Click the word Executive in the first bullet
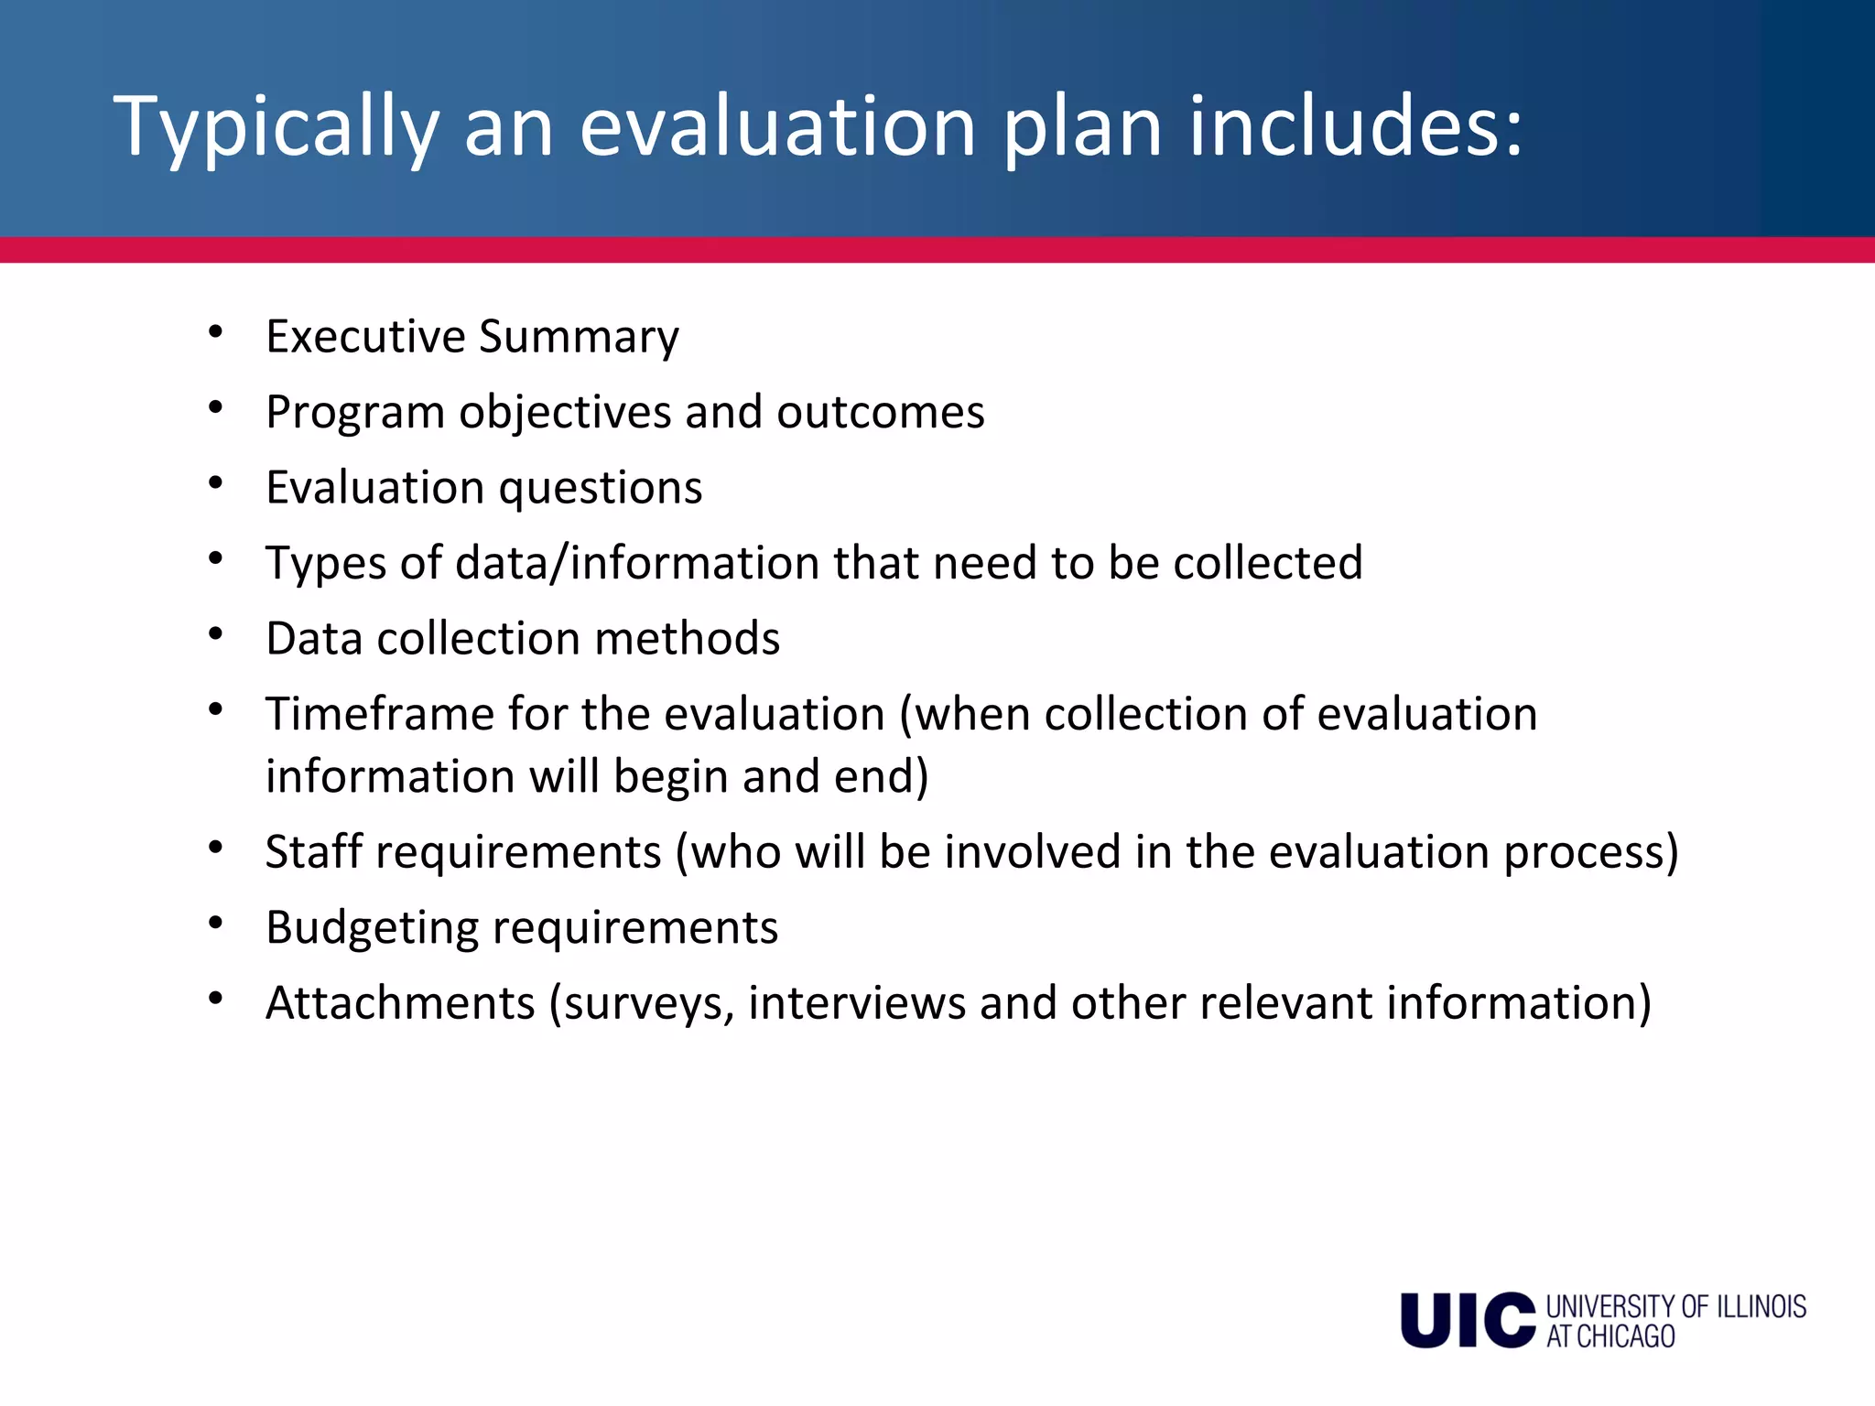[365, 336]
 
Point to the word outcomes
[881, 412]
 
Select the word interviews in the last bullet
[856, 1002]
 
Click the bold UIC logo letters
[1468, 1320]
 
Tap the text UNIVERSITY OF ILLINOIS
[1675, 1306]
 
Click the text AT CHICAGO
[1610, 1336]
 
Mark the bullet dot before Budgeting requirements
[216, 923]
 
